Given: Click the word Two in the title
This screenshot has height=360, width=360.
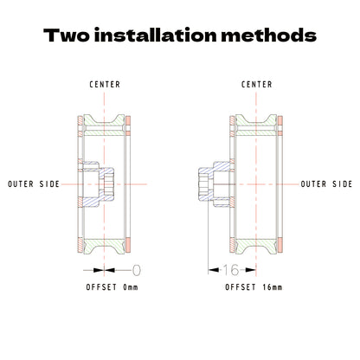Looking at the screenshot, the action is point(67,35).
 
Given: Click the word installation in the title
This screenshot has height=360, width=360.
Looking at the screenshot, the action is point(155,35).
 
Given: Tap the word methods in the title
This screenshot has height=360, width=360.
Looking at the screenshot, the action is point(268,35).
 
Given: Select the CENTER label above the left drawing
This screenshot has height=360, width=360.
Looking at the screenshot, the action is point(105,85).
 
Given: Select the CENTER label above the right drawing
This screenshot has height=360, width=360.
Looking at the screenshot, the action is point(256,85).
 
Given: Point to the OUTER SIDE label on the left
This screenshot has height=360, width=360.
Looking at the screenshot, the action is point(34,184).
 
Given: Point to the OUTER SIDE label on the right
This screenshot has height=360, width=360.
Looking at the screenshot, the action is point(326,184).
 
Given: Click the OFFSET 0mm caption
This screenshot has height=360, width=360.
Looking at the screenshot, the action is point(112,287).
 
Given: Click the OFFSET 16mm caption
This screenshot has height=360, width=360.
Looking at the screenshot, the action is point(254,287).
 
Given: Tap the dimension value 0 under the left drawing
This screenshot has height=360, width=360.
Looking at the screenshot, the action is point(137,270).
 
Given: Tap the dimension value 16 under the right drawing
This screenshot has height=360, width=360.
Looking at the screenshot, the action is point(231,270).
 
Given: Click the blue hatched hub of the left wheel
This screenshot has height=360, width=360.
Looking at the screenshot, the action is point(98,184).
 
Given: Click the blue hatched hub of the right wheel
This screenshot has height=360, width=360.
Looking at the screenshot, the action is point(215,184).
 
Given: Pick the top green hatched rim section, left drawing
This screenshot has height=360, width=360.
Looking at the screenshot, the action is point(104,125).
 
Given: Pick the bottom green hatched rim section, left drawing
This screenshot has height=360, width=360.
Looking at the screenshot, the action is point(104,246).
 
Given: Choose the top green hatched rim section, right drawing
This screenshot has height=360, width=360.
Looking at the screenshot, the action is point(256,125).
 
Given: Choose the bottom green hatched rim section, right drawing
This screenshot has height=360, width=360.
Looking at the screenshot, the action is point(256,246).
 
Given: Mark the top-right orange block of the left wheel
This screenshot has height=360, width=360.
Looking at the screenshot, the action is point(128,120).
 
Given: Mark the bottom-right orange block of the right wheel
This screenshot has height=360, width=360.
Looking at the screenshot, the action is point(280,245).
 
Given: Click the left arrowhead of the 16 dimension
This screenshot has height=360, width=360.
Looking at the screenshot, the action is point(213,270).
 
